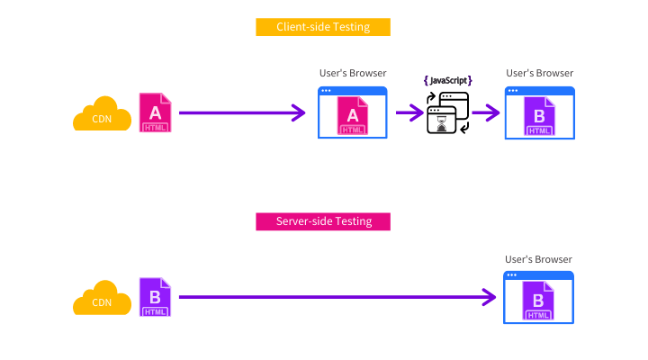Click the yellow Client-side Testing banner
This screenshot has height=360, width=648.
(323, 27)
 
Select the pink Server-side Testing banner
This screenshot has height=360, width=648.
(323, 221)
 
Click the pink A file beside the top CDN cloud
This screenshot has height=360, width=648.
(155, 112)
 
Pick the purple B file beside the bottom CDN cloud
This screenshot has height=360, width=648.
(155, 297)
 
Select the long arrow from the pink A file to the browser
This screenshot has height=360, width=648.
(242, 112)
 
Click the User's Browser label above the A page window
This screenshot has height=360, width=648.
(352, 73)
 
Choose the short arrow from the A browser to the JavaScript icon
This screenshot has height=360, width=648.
(409, 112)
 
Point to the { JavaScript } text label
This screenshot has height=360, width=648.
(447, 80)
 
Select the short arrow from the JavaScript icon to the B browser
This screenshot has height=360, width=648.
(486, 112)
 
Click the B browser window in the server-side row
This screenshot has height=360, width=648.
(539, 297)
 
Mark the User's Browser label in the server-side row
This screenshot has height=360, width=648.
(539, 258)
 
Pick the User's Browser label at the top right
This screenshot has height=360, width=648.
(539, 73)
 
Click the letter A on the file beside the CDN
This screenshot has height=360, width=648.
(155, 112)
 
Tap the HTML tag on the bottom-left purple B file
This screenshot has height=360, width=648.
(155, 311)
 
